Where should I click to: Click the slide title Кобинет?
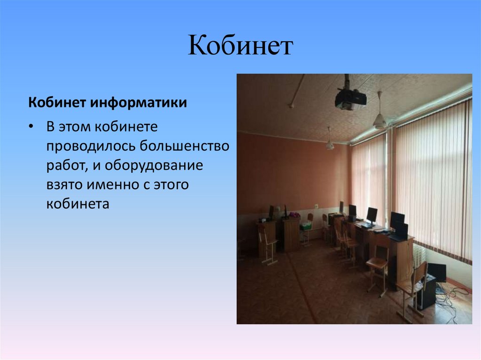240,47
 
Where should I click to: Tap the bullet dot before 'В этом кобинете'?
31,128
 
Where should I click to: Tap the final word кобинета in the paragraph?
78,204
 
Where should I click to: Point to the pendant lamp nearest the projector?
380,121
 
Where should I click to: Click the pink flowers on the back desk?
295,215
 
